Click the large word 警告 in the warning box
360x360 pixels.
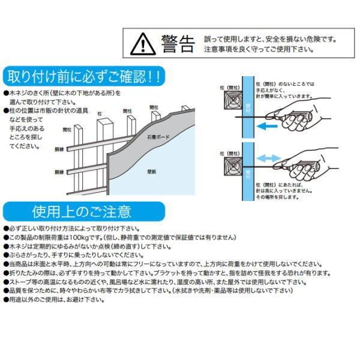178,43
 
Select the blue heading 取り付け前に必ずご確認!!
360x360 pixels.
83,77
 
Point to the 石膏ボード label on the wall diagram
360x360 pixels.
158,137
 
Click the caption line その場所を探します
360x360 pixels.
278,196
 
